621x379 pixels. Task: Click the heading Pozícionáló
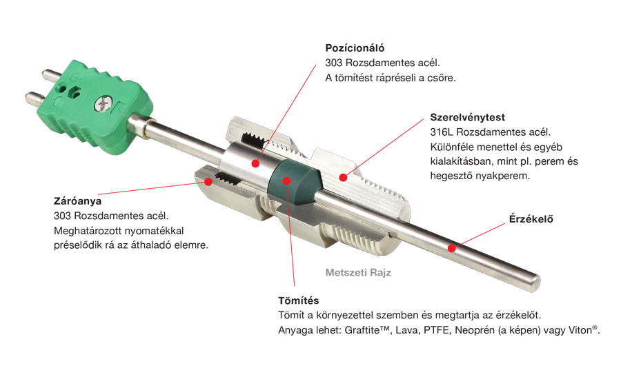(x=355, y=48)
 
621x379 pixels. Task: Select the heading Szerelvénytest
(x=467, y=118)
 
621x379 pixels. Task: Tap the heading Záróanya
(x=77, y=201)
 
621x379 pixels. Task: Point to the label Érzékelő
(x=531, y=218)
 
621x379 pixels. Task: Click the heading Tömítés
(x=298, y=300)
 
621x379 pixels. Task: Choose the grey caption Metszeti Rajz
(x=358, y=273)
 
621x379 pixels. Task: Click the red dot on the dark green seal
(x=287, y=181)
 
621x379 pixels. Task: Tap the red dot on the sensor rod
(x=451, y=248)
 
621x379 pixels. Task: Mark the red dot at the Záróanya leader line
(x=208, y=182)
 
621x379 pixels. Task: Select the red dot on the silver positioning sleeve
(x=255, y=163)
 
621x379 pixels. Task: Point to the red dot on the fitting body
(x=344, y=178)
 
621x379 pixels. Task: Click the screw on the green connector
(x=103, y=105)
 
